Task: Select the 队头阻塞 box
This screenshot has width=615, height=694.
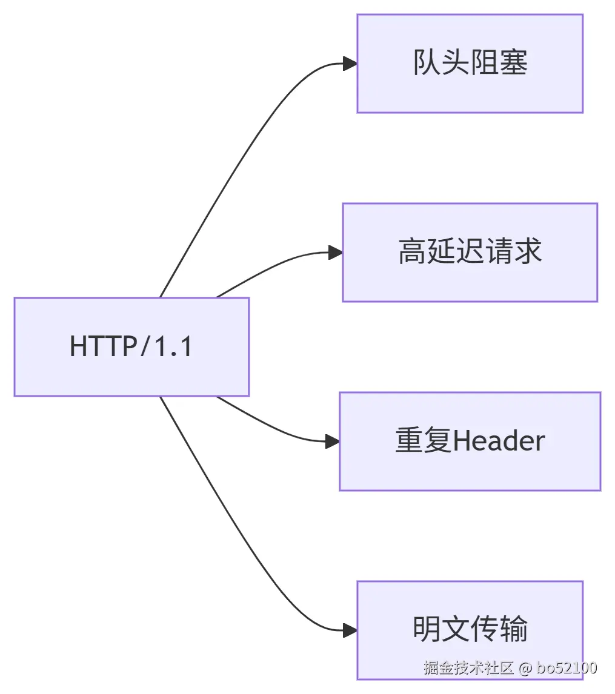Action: [470, 64]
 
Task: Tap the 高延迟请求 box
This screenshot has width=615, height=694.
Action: [470, 253]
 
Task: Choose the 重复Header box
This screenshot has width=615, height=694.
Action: [470, 441]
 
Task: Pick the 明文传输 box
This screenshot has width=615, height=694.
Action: [470, 630]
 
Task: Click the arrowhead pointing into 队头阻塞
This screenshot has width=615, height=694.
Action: [350, 64]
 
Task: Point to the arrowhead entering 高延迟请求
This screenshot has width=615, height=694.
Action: [335, 253]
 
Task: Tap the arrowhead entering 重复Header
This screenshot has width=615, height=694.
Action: [332, 441]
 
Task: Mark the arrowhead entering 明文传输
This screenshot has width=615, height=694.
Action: [350, 630]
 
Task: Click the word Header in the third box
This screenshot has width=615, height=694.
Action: [499, 441]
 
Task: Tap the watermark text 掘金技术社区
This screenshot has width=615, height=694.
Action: [469, 668]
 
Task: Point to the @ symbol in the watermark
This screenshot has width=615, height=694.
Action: [525, 668]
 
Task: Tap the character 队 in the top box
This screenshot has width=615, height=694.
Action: [427, 63]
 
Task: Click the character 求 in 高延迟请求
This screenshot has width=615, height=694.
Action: [528, 252]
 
